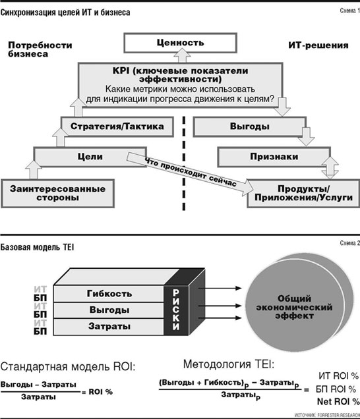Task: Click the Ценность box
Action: pos(180,43)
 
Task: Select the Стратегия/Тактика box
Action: pos(117,126)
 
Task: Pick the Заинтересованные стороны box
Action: pos(58,193)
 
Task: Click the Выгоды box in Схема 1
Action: pos(249,126)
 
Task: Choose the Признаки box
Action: pos(274,157)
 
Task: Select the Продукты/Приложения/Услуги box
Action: pos(303,193)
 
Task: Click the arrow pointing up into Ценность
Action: pos(182,56)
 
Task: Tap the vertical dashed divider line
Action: pos(184,163)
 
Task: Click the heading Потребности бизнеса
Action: pos(40,49)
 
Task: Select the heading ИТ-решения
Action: pos(318,45)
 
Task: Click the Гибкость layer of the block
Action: pos(109,294)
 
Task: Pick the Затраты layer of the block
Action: pos(109,327)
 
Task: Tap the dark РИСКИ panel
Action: pos(176,310)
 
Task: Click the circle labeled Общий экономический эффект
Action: pos(294,307)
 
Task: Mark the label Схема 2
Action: pos(350,243)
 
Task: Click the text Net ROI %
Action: pos(338,401)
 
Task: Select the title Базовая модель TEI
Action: pos(37,247)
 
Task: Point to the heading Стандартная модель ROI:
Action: pos(68,366)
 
